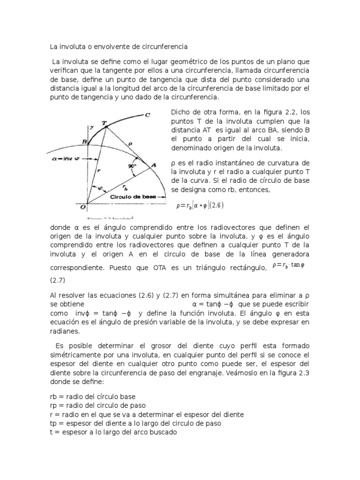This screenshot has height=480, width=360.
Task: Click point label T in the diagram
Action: point(105,123)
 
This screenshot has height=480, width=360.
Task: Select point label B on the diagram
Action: point(84,142)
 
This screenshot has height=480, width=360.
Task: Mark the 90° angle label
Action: point(132,166)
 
